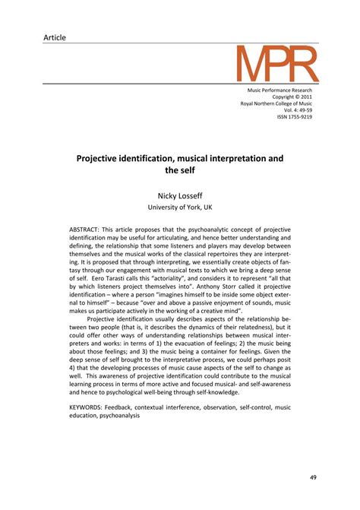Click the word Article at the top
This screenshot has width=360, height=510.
[x=55, y=37]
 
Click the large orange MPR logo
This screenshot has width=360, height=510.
[x=274, y=65]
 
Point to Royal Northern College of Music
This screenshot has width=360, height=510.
[x=276, y=105]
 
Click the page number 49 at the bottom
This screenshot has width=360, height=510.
[x=313, y=478]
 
